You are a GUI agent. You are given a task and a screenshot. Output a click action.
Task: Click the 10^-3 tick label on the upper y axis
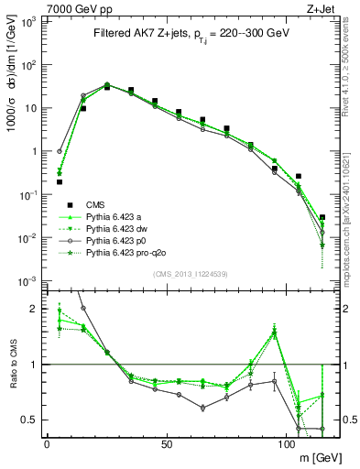point(30,280)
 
